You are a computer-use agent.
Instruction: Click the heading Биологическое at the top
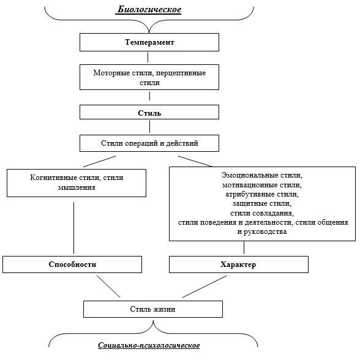coord(149,10)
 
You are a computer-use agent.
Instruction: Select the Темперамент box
coord(149,42)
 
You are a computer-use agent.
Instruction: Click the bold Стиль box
coord(149,112)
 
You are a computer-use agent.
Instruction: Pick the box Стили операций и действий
coord(149,143)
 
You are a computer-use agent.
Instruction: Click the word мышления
coord(77,187)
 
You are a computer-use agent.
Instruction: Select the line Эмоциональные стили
coord(262,175)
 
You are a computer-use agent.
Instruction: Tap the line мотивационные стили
coord(262,185)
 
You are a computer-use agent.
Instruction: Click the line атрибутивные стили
coord(262,194)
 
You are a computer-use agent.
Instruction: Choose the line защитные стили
coord(262,203)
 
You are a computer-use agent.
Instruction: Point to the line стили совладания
coord(262,213)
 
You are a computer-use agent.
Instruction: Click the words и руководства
coord(262,231)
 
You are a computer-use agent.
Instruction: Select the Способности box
coord(72,264)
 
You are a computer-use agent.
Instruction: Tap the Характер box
coord(239,264)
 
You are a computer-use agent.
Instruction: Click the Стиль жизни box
coord(153,309)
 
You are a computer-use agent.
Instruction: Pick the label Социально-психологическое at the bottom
coord(149,345)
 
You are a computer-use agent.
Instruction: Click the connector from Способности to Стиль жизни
coord(108,287)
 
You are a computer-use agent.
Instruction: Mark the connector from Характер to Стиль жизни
coord(204,287)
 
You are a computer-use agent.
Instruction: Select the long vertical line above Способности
coord(73,228)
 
